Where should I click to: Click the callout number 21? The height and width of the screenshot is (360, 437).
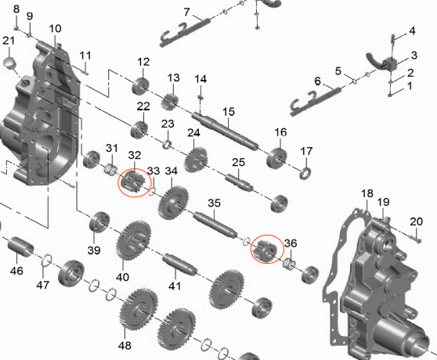[9, 41]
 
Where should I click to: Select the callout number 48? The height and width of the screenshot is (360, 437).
[125, 346]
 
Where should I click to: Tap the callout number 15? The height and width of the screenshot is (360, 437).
[229, 112]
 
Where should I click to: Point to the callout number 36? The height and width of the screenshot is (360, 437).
[291, 243]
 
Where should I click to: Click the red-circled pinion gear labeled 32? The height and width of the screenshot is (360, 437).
[133, 182]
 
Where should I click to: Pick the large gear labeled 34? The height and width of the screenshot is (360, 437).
[173, 202]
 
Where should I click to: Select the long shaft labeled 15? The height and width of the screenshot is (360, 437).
[225, 131]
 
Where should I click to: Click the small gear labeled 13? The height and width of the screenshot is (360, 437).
[169, 102]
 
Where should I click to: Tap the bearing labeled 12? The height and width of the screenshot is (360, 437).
[140, 86]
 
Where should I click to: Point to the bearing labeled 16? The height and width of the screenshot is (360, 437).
[276, 158]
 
